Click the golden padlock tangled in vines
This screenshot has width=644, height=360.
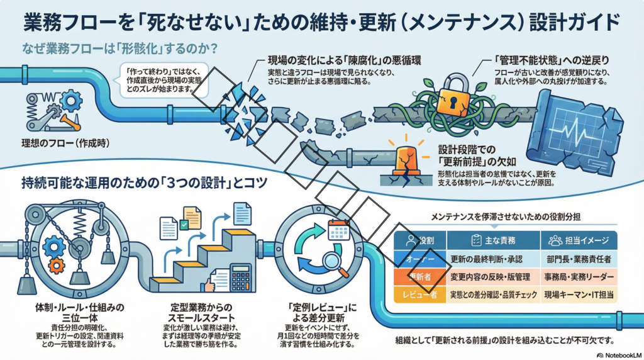[452, 96]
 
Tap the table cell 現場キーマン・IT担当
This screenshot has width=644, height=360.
[579, 294]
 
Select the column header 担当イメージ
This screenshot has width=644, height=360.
[579, 240]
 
